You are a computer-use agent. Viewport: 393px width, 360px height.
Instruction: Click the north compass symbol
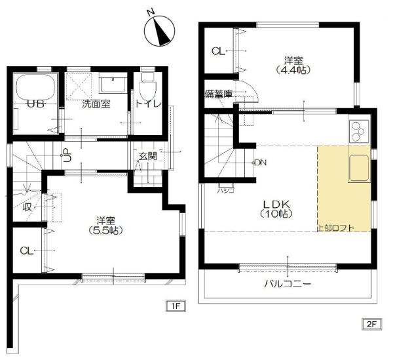[x=159, y=31]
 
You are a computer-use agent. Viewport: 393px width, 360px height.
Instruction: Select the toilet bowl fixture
[x=148, y=87]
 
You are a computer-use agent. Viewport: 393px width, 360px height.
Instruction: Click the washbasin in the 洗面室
[x=113, y=85]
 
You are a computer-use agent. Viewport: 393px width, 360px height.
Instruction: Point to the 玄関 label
[x=148, y=156]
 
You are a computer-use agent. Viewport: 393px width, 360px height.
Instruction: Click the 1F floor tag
[x=176, y=306]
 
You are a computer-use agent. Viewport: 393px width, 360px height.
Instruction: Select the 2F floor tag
[x=372, y=324]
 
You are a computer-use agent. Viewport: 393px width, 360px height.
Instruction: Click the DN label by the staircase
[x=261, y=163]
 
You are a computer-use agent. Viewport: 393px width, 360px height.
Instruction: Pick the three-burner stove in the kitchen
[x=359, y=131]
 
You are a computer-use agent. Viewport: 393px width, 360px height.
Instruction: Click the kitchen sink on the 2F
[x=359, y=168]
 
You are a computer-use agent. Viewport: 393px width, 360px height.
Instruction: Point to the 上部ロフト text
[x=335, y=228]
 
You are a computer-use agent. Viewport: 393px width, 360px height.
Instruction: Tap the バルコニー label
[x=288, y=284]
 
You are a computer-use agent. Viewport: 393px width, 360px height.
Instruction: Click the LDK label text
[x=276, y=205]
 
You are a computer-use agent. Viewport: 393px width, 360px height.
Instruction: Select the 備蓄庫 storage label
[x=219, y=94]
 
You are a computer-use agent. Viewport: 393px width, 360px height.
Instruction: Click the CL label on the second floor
[x=218, y=51]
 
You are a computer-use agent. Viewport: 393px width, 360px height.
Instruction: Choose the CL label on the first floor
[x=27, y=250]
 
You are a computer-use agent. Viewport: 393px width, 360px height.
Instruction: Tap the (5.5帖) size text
[x=105, y=230]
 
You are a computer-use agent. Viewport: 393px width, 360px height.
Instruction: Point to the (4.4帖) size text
[x=293, y=70]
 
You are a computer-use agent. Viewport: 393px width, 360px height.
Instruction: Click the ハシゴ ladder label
[x=226, y=191]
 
